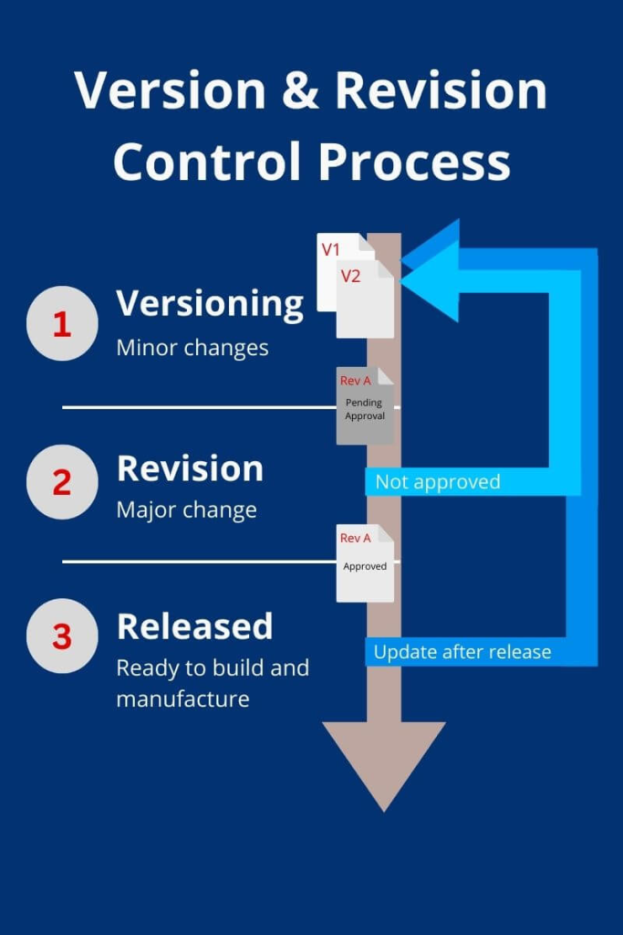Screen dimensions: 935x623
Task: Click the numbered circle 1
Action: tap(62, 323)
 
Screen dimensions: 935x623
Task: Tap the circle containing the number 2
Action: tap(62, 481)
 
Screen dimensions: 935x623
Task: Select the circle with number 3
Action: tap(62, 636)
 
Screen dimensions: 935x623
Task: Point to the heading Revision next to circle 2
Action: tap(190, 468)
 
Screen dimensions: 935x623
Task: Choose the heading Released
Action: tap(194, 626)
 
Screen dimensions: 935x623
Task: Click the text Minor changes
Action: tap(192, 348)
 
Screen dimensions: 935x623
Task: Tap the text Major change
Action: tap(186, 510)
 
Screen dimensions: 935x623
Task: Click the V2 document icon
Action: tap(365, 301)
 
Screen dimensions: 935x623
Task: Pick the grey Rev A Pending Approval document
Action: tap(365, 406)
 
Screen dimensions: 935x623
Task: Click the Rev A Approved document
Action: tap(365, 563)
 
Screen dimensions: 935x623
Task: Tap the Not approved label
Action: tap(438, 482)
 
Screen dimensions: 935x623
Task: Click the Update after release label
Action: tap(462, 652)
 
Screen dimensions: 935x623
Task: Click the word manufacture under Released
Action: tap(182, 699)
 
